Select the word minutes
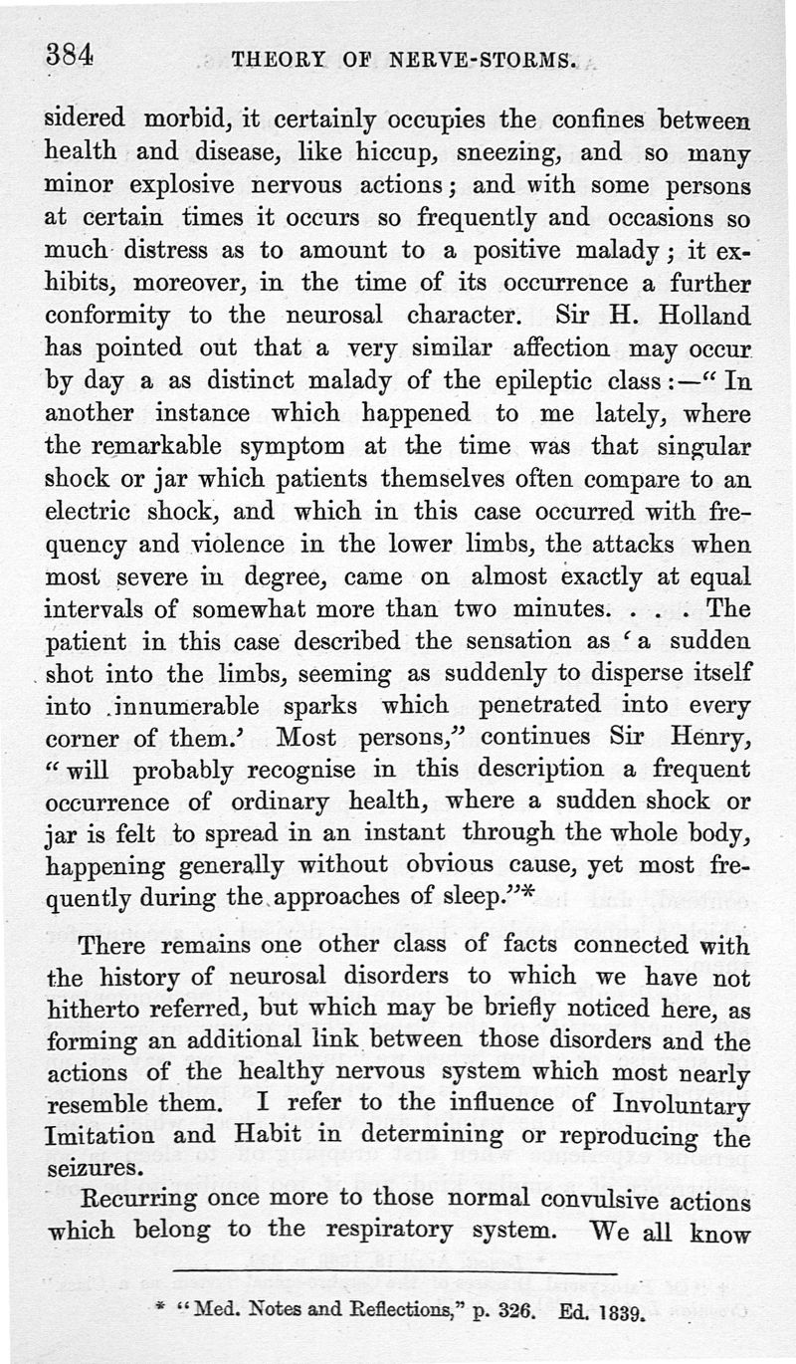(564, 608)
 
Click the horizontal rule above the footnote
(394, 1271)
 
